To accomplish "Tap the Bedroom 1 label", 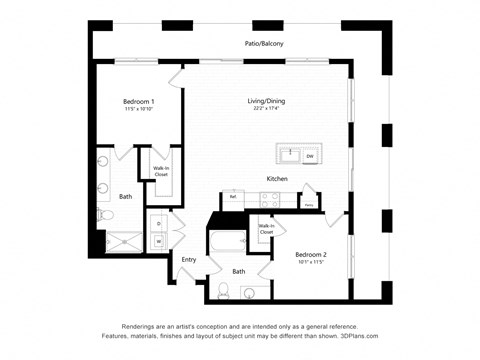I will click(138, 104).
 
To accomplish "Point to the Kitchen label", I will click(277, 179).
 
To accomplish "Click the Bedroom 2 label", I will click(311, 256).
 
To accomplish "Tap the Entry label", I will click(188, 260).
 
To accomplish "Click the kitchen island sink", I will click(290, 155).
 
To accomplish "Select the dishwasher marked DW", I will click(310, 156).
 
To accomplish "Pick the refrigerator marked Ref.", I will click(233, 197).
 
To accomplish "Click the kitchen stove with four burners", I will click(269, 198).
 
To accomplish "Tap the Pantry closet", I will click(309, 200).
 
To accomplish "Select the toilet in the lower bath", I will click(223, 291).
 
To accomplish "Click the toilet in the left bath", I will click(106, 213).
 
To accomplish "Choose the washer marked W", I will click(158, 241).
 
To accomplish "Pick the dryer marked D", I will click(158, 223).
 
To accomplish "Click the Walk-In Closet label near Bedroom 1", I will click(160, 171).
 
